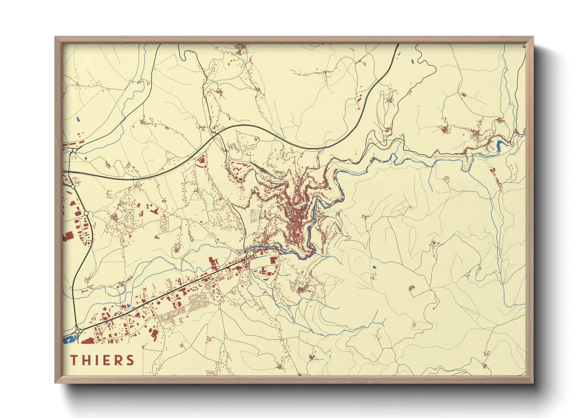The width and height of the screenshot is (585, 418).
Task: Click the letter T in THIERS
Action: click(x=74, y=360)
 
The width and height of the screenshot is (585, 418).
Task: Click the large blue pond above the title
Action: click(x=69, y=339)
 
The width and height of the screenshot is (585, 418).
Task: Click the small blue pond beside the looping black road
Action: click(x=413, y=62)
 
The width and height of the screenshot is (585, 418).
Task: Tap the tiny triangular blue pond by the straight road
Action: click(x=128, y=306)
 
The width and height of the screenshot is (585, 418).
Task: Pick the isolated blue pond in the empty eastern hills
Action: click(x=374, y=267)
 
